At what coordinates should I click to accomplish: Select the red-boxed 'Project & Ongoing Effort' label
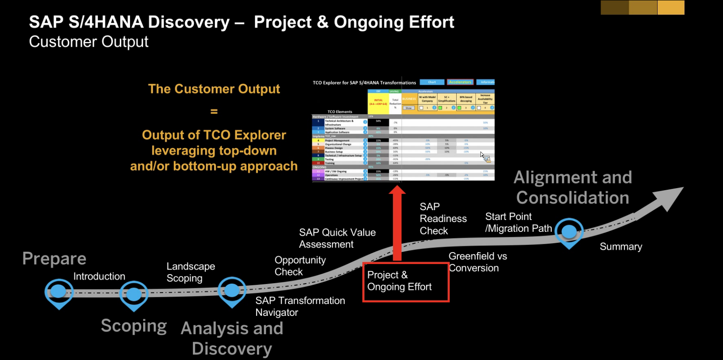(x=405, y=281)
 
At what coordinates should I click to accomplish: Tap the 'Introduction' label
(x=99, y=276)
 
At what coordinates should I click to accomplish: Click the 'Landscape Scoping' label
(x=190, y=272)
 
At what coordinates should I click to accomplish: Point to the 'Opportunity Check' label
(x=300, y=266)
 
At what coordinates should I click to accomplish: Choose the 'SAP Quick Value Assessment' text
(x=337, y=238)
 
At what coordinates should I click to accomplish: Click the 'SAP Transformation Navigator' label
(x=300, y=307)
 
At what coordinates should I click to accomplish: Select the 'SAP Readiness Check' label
(x=443, y=219)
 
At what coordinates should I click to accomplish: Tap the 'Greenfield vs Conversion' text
(x=477, y=262)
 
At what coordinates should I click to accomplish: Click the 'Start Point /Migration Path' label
(x=518, y=222)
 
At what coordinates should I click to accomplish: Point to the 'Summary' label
(x=621, y=247)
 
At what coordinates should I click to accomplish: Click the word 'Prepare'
(x=54, y=259)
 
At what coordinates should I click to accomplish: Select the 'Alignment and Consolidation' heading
(x=573, y=187)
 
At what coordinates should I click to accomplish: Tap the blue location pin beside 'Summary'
(x=569, y=232)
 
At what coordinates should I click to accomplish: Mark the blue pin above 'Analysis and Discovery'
(x=232, y=290)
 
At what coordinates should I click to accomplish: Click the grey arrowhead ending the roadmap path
(x=668, y=198)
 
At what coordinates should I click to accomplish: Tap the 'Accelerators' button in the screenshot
(x=460, y=82)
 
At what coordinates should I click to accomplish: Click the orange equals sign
(x=214, y=111)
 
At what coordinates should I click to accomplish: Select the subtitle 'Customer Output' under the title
(x=89, y=42)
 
